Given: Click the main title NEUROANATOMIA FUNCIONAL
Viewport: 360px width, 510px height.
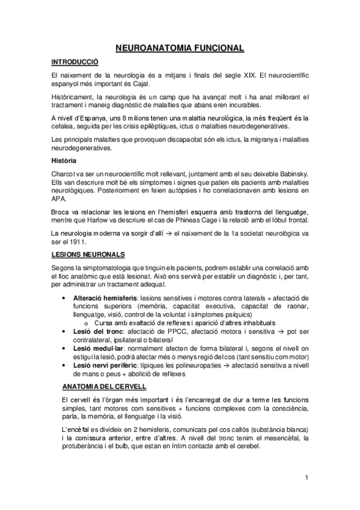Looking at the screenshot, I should click(x=180, y=47).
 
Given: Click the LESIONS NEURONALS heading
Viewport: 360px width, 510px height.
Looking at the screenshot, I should click(x=88, y=254).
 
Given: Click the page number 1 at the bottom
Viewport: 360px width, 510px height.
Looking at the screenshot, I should click(x=307, y=478).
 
